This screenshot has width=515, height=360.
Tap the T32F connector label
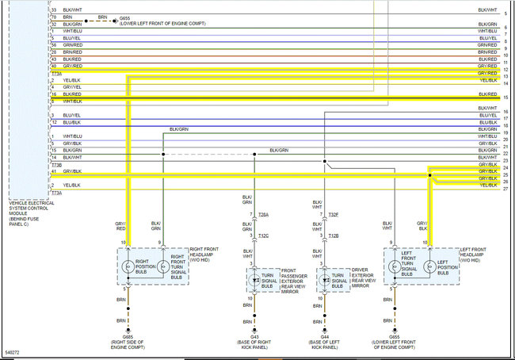[334, 215]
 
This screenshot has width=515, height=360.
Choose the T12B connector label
[334, 236]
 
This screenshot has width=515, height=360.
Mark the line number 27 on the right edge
[505, 189]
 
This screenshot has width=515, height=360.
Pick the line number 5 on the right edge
[505, 13]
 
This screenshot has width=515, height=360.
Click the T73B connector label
[56, 164]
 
